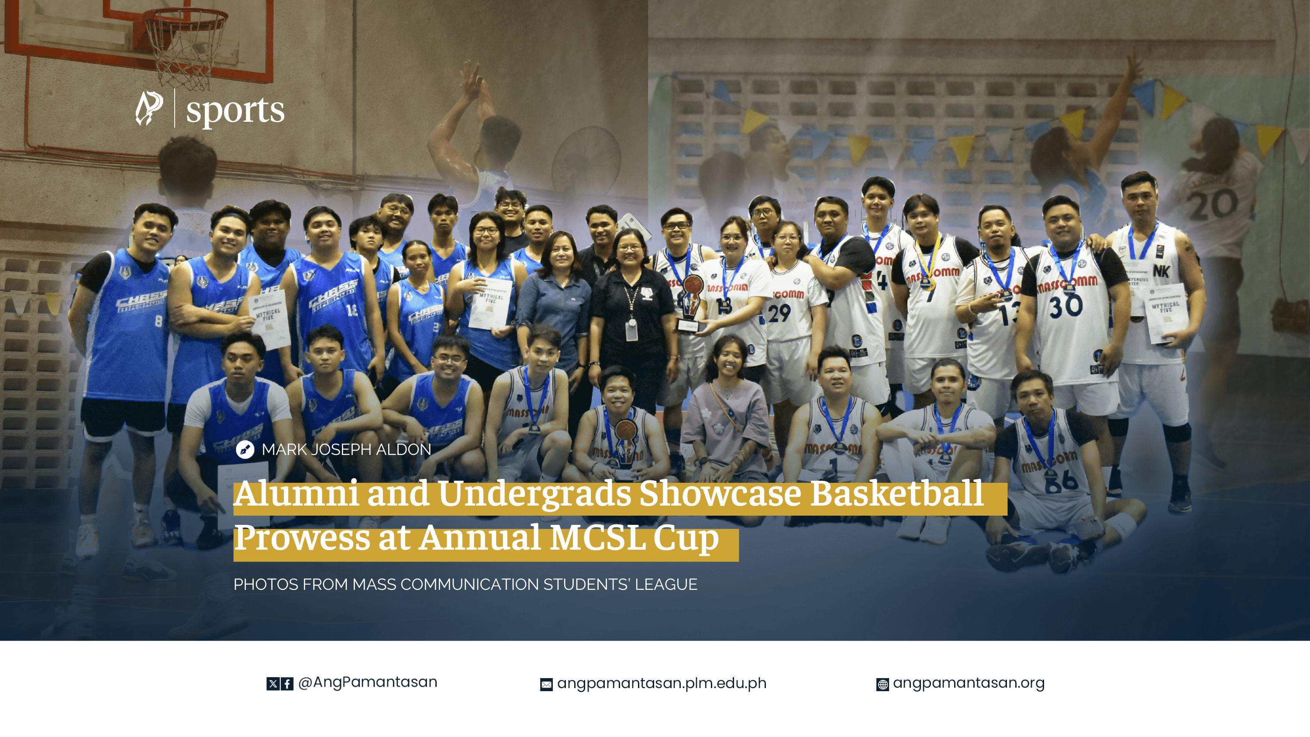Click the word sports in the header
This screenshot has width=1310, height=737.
pyautogui.click(x=235, y=110)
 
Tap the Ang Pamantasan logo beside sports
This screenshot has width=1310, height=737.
pyautogui.click(x=149, y=108)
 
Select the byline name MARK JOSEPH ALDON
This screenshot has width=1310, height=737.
pyautogui.click(x=346, y=450)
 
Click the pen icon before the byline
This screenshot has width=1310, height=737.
pyautogui.click(x=245, y=450)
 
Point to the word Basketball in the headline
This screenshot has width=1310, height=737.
pyautogui.click(x=896, y=494)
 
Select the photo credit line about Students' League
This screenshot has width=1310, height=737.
pyautogui.click(x=465, y=585)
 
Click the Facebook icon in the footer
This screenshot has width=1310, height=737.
pyautogui.click(x=287, y=684)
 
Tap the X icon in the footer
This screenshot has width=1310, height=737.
pyautogui.click(x=273, y=684)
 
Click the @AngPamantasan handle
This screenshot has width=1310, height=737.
pyautogui.click(x=367, y=682)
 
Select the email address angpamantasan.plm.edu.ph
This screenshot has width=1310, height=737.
pyautogui.click(x=661, y=683)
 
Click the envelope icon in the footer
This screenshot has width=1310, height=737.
pyautogui.click(x=546, y=685)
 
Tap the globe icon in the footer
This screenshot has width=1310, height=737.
pyautogui.click(x=883, y=685)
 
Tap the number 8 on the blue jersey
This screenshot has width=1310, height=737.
pyautogui.click(x=159, y=321)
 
